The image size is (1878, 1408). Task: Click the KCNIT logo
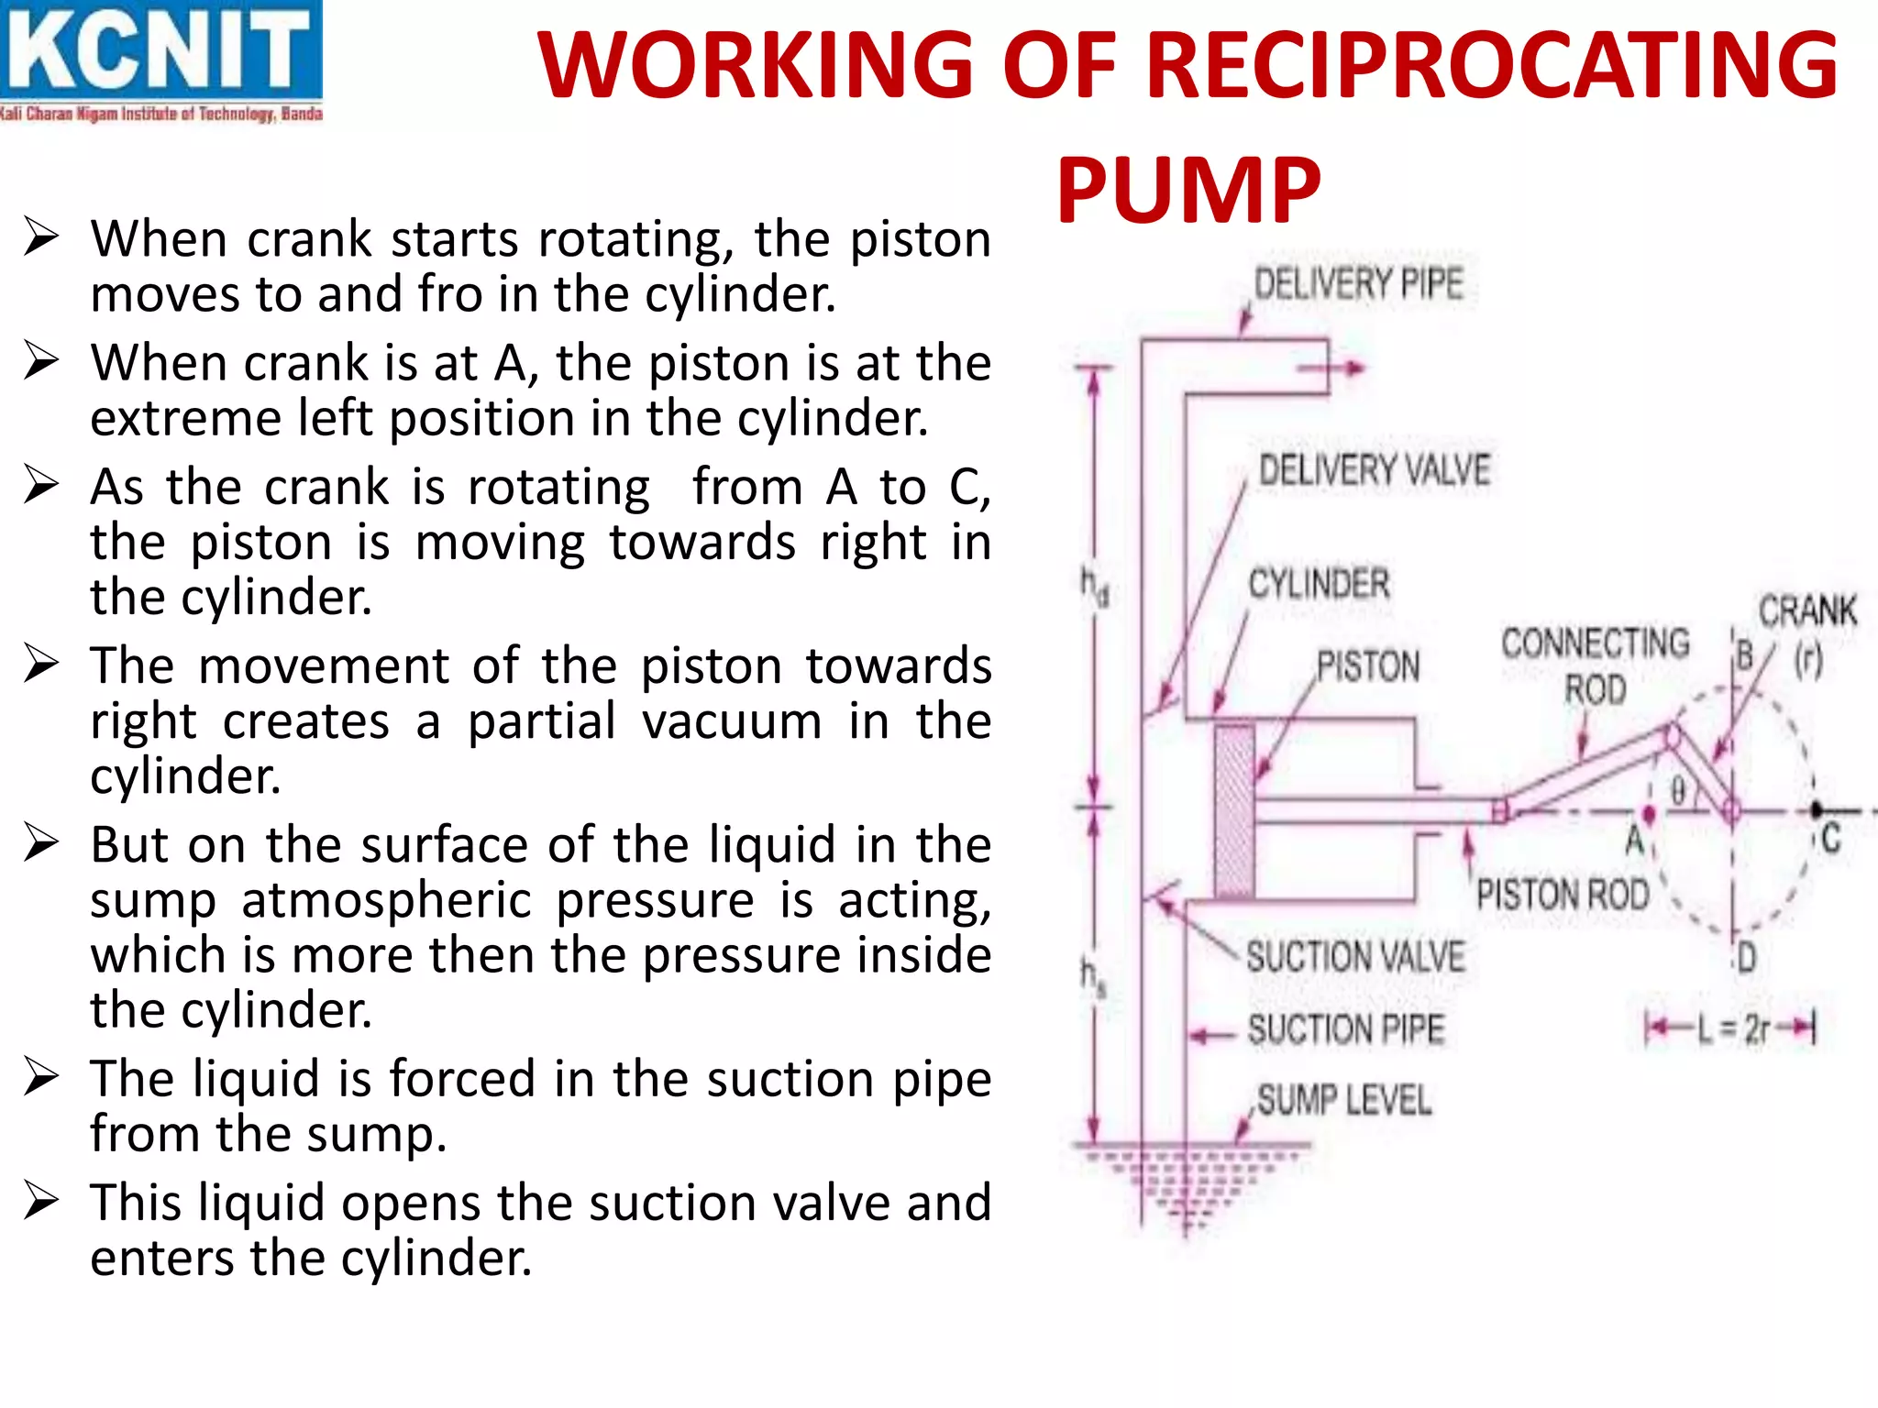coord(161,60)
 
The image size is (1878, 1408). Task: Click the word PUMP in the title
coord(1188,190)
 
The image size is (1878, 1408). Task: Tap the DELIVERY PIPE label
coord(1358,283)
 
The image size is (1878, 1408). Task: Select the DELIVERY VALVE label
coord(1374,470)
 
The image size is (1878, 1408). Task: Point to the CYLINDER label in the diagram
coord(1319,584)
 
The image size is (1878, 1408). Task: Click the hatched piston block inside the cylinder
coord(1234,809)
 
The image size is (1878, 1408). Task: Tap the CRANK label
coord(1806,610)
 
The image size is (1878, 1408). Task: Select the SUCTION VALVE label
coord(1355,957)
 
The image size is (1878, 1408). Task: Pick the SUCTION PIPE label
coord(1345,1029)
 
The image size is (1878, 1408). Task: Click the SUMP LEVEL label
coord(1343,1100)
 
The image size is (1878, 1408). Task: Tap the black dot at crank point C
coord(1816,810)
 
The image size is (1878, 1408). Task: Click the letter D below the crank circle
coord(1746,959)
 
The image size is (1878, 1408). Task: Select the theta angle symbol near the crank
coord(1677,790)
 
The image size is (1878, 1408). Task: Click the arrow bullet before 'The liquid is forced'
coord(41,1078)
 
